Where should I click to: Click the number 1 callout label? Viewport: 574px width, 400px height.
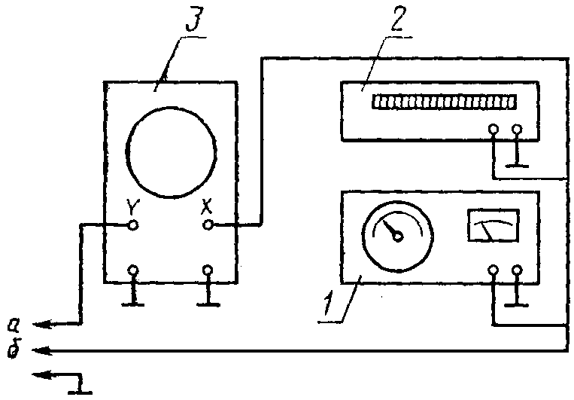(x=328, y=304)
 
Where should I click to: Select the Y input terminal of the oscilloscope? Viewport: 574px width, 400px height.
(x=133, y=224)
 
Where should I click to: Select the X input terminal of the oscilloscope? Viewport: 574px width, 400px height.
(x=209, y=224)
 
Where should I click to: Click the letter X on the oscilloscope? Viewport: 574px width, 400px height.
(x=209, y=205)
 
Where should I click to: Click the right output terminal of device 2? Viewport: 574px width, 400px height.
(x=516, y=130)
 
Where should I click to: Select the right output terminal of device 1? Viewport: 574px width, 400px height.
(x=516, y=270)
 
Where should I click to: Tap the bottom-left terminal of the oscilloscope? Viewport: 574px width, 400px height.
(x=133, y=270)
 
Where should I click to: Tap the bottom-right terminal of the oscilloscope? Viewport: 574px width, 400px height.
(x=208, y=270)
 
